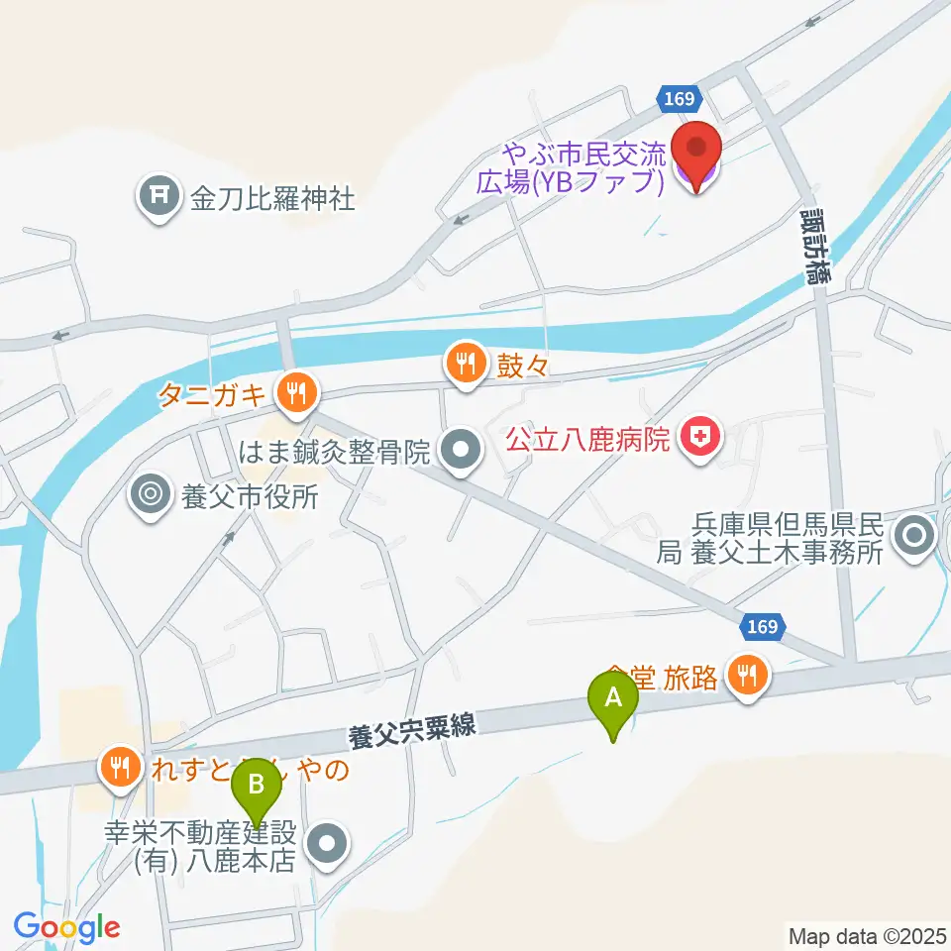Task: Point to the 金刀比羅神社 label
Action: (x=272, y=199)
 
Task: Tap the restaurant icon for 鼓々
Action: (x=464, y=363)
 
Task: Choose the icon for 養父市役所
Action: (x=152, y=493)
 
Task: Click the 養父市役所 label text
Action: (x=250, y=494)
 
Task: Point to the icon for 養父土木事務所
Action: (x=913, y=538)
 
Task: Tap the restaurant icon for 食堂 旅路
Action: (x=746, y=676)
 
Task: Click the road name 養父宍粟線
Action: (x=412, y=732)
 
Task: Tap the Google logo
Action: (x=66, y=927)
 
